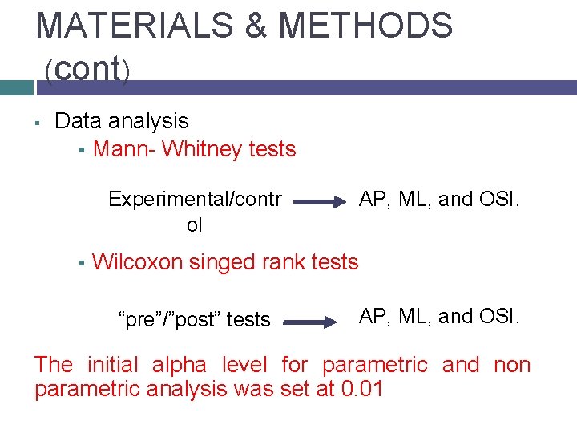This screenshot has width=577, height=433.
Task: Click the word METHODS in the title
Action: [365, 26]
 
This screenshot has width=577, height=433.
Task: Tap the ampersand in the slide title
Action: [256, 26]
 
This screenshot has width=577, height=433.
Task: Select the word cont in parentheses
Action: [87, 70]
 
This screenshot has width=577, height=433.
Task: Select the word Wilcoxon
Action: [138, 262]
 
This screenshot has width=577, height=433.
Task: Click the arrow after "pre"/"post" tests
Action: [310, 322]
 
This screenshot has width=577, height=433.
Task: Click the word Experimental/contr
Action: [195, 199]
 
